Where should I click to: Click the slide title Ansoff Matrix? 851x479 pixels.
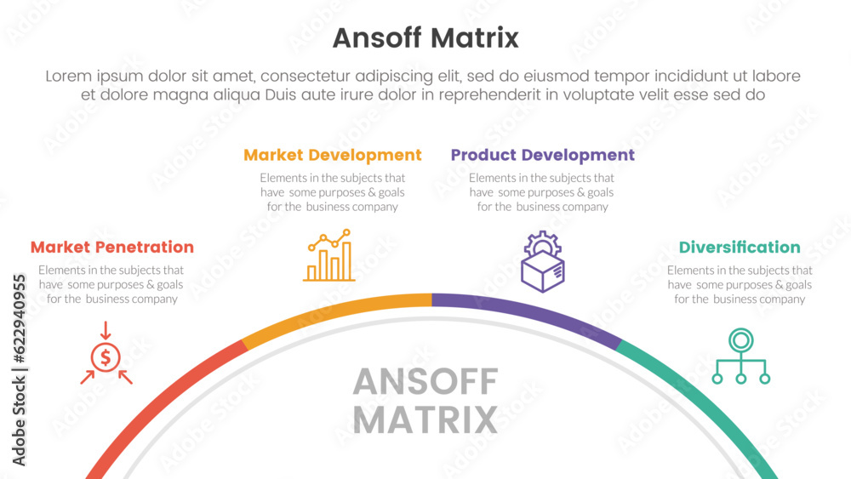pyautogui.click(x=425, y=38)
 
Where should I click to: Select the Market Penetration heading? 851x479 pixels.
pyautogui.click(x=112, y=247)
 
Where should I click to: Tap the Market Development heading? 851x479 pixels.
pyautogui.click(x=333, y=155)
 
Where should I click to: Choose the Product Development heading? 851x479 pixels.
pyautogui.click(x=543, y=155)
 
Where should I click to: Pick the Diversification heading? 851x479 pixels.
pyautogui.click(x=740, y=248)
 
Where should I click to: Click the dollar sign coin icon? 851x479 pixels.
pyautogui.click(x=106, y=357)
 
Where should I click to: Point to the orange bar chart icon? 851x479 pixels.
pyautogui.click(x=328, y=255)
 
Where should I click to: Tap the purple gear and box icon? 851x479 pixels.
pyautogui.click(x=543, y=261)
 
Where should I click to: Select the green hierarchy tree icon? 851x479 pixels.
pyautogui.click(x=741, y=356)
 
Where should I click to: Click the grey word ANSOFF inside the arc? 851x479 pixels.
pyautogui.click(x=425, y=382)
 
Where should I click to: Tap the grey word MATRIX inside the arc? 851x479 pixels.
pyautogui.click(x=425, y=420)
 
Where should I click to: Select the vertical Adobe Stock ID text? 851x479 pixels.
pyautogui.click(x=19, y=370)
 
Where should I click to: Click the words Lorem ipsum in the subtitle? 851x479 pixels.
pyautogui.click(x=94, y=77)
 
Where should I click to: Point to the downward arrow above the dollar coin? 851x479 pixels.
pyautogui.click(x=106, y=330)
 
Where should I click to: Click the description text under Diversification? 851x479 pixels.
pyautogui.click(x=740, y=285)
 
